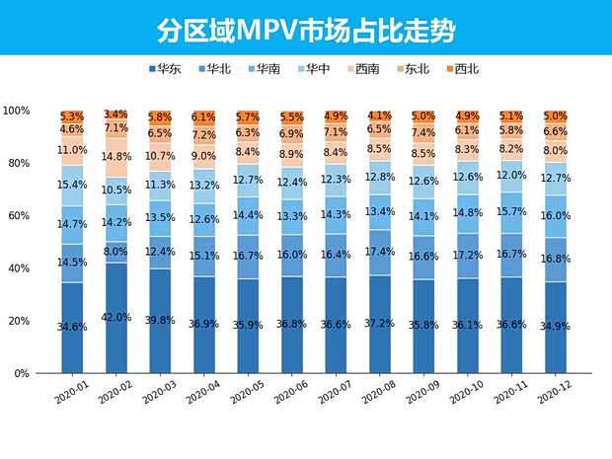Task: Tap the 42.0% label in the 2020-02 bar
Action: point(115,318)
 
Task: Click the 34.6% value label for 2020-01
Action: point(71,327)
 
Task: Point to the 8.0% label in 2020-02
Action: point(115,252)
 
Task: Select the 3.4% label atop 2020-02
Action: point(115,115)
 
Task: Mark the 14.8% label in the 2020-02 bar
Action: point(115,156)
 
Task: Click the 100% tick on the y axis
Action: point(16,111)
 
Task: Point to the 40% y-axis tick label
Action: point(19,268)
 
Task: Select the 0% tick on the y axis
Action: point(23,374)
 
